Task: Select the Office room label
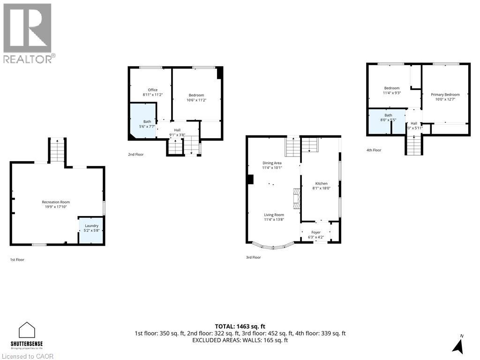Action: pos(152,90)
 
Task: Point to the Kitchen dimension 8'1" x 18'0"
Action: pos(321,188)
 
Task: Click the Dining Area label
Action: pos(272,163)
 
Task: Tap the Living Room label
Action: pos(274,215)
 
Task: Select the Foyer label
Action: pos(316,232)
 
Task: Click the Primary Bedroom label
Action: pos(445,94)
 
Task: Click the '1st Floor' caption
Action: pos(17,259)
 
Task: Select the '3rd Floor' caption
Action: pos(253,257)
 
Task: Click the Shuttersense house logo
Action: pos(27,330)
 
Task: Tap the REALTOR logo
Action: pos(28,33)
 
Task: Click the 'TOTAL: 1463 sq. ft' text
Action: pos(240,326)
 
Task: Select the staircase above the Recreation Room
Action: pos(57,151)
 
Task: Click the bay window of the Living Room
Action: pos(273,245)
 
